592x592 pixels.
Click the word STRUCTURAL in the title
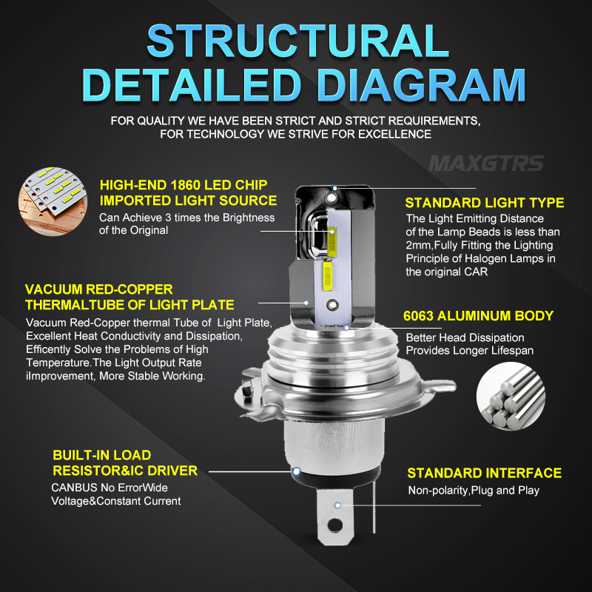pyautogui.click(x=297, y=41)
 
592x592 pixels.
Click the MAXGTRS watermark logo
pyautogui.click(x=487, y=164)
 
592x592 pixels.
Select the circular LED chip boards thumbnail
pyautogui.click(x=53, y=201)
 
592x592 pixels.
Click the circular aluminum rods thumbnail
pyautogui.click(x=511, y=396)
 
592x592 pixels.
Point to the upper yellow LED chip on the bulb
pyautogui.click(x=332, y=241)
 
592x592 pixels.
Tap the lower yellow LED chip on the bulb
pyautogui.click(x=327, y=276)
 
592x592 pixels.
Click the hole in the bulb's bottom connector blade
pyautogui.click(x=335, y=525)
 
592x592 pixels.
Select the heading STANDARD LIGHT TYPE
pyautogui.click(x=485, y=203)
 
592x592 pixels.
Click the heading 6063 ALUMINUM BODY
pyautogui.click(x=478, y=316)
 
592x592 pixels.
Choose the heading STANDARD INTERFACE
pyautogui.click(x=485, y=473)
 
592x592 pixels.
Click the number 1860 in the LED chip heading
pyautogui.click(x=186, y=185)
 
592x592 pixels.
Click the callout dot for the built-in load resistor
pyautogui.click(x=297, y=471)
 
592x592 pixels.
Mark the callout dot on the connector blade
pyautogui.click(x=337, y=505)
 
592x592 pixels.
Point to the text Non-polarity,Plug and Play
pyautogui.click(x=474, y=491)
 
